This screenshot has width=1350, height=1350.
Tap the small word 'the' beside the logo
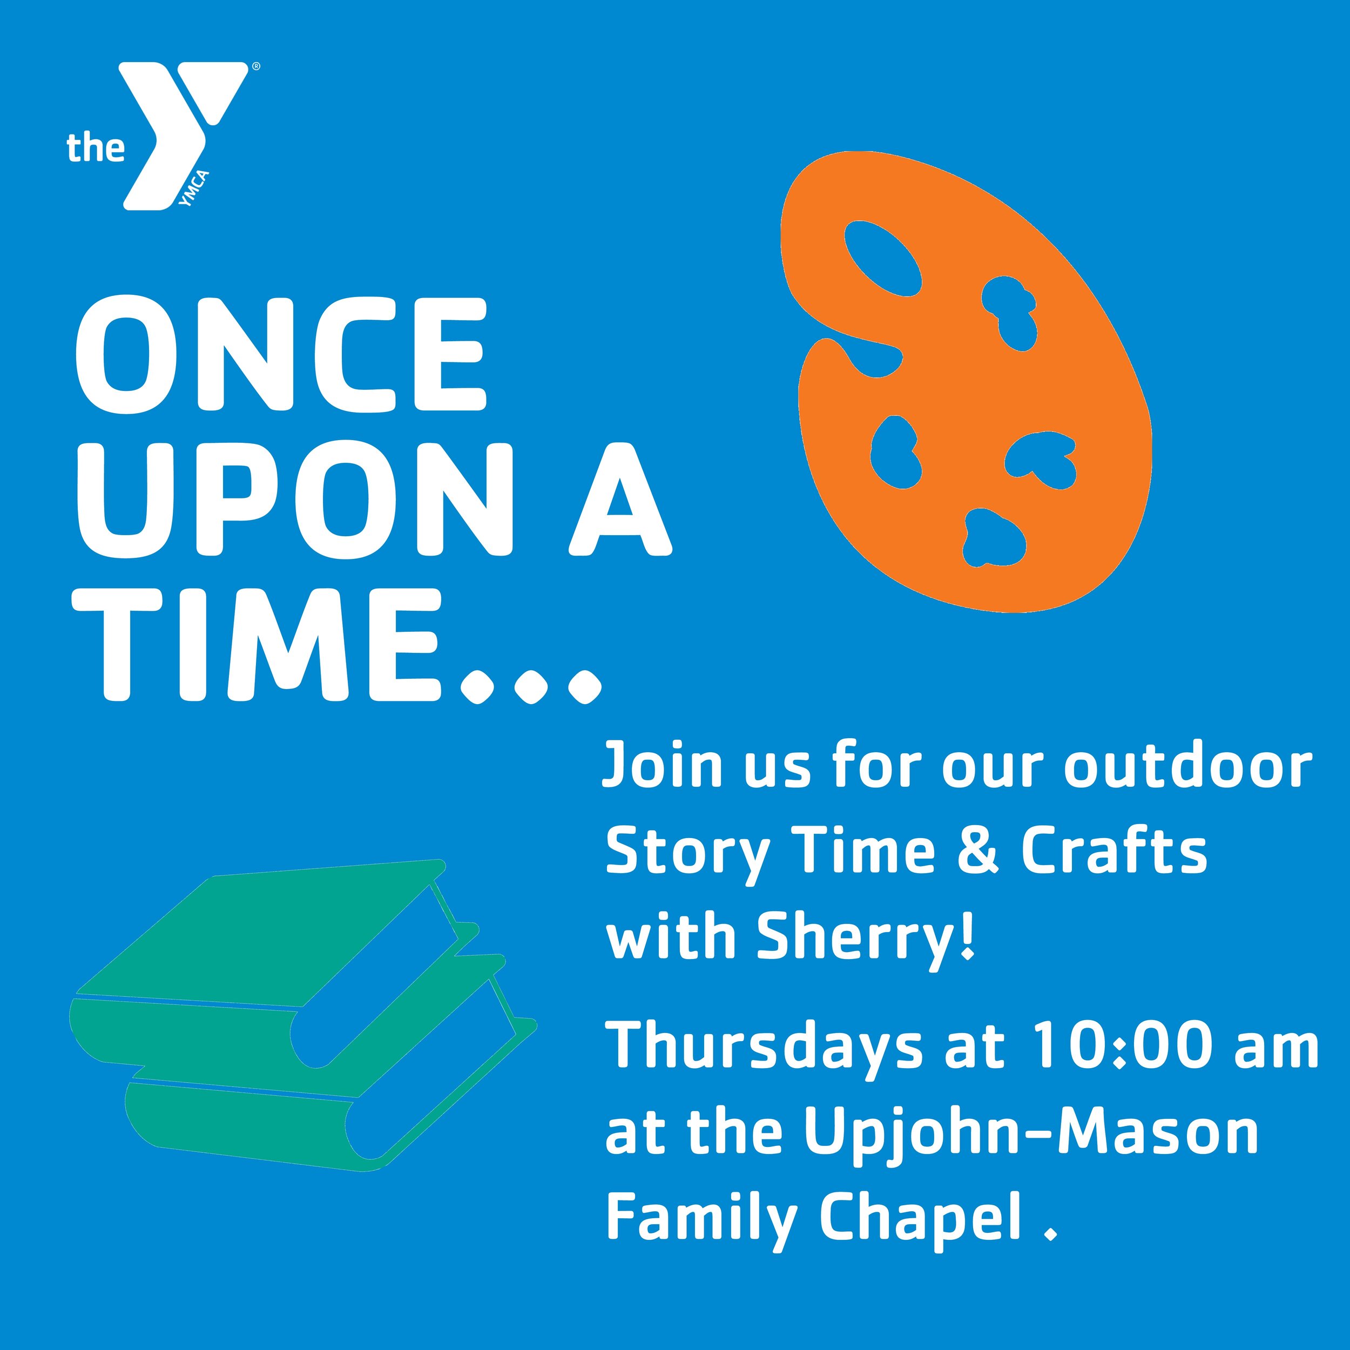[96, 148]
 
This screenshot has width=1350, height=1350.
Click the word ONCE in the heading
[280, 355]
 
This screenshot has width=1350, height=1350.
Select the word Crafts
[1114, 853]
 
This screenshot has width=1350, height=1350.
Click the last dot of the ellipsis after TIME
[584, 687]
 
